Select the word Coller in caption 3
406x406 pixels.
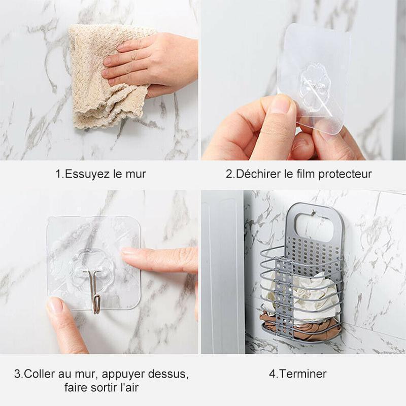pos(41,375)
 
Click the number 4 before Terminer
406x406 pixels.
pos(272,375)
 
